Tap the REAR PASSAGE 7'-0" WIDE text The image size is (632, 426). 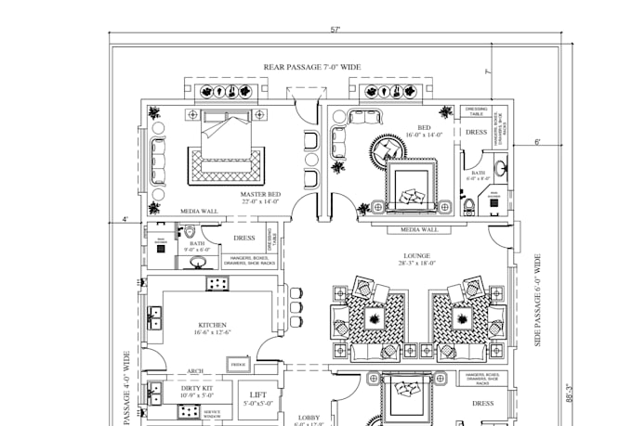311,67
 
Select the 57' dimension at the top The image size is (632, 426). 335,31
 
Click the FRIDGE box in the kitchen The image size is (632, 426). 237,366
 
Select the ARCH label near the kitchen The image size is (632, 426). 195,371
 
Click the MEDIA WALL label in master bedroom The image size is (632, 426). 199,212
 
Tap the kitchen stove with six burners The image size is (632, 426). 217,284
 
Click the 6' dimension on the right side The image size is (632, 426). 537,142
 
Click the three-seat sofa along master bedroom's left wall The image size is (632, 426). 157,157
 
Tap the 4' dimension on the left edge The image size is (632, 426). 125,220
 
